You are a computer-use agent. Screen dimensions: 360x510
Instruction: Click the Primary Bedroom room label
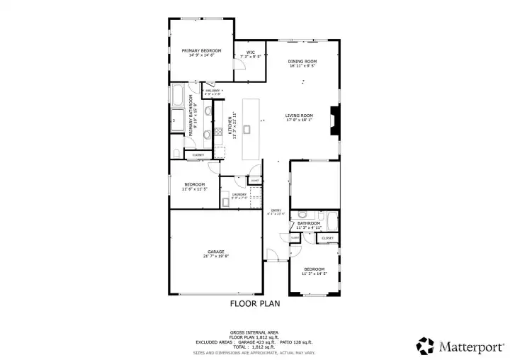[x=201, y=51]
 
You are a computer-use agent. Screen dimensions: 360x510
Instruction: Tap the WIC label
[x=251, y=52]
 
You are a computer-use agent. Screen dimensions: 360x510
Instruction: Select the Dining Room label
[x=302, y=62]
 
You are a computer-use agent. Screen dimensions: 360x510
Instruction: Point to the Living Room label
[x=300, y=116]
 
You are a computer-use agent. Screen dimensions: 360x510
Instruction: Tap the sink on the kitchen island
[x=247, y=129]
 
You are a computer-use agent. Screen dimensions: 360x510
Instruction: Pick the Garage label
[x=216, y=252]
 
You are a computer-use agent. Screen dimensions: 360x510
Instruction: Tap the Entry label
[x=277, y=210]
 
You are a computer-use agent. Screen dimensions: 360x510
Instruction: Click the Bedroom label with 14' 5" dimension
[x=314, y=269]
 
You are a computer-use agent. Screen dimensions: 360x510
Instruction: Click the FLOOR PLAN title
[x=255, y=304]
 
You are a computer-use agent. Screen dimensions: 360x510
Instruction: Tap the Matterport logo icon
[x=425, y=345]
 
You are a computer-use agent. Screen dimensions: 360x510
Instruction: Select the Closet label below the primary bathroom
[x=198, y=154]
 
